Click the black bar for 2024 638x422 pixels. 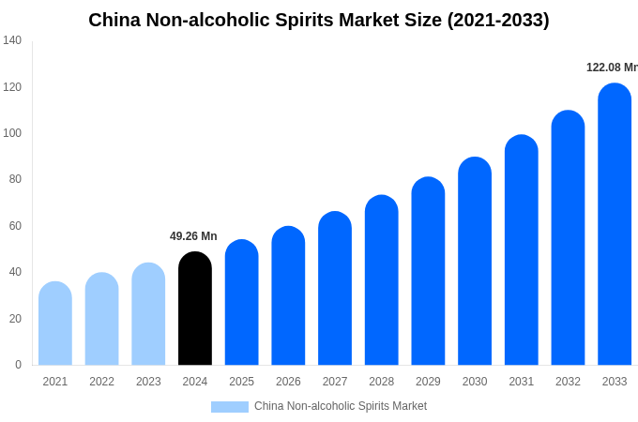(x=195, y=309)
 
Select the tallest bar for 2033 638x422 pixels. (x=615, y=224)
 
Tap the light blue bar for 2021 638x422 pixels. (x=55, y=324)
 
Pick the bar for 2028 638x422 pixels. (x=382, y=280)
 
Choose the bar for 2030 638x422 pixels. (x=475, y=262)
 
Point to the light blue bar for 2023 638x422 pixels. (x=148, y=314)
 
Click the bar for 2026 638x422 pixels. (x=288, y=295)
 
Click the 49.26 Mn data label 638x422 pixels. (x=193, y=236)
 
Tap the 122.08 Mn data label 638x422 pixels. (x=612, y=68)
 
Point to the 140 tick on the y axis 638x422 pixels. (x=12, y=40)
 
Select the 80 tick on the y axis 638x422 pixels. (x=15, y=179)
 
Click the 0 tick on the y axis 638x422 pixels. (x=18, y=365)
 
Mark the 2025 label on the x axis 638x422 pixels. (x=241, y=382)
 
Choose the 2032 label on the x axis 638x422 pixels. (x=568, y=382)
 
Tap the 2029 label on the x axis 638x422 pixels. (x=428, y=382)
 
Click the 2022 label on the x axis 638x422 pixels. (x=101, y=382)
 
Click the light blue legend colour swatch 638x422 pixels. (x=230, y=407)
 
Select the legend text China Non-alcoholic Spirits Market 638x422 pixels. (x=341, y=406)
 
